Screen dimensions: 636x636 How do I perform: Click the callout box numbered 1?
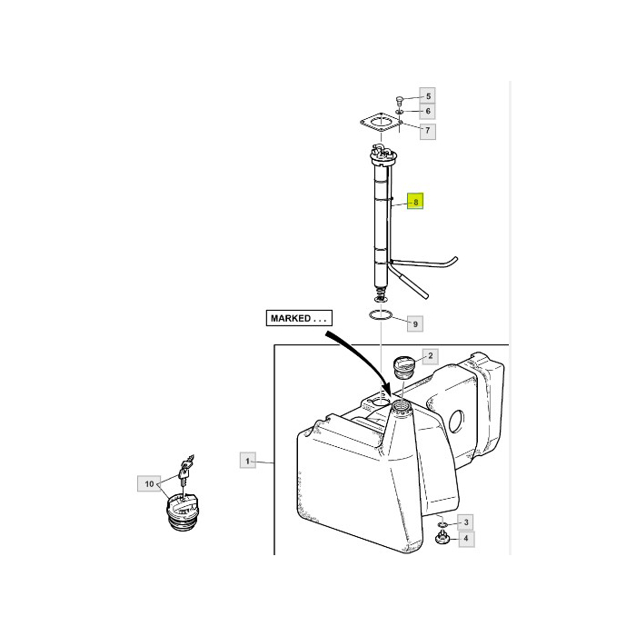[247, 461]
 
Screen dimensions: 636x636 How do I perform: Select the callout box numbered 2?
[431, 356]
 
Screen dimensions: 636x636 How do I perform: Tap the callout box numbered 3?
[465, 522]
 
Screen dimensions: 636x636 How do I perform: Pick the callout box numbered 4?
[466, 539]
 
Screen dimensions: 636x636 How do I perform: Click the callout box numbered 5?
[428, 96]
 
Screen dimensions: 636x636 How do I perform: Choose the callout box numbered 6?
[428, 111]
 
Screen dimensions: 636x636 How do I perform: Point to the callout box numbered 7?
[428, 131]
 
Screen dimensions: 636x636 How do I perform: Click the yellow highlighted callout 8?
[415, 201]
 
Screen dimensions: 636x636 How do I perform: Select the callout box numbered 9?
[415, 324]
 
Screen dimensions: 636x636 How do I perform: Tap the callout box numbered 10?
[149, 484]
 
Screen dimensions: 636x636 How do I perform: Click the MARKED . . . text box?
[299, 318]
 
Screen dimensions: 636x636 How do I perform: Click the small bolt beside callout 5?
[399, 100]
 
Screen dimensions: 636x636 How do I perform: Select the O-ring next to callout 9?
[381, 315]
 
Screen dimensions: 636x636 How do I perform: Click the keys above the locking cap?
[185, 469]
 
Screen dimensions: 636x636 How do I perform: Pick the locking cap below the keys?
[183, 512]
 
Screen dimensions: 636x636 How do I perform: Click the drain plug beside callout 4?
[442, 539]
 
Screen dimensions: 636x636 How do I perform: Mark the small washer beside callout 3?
[443, 525]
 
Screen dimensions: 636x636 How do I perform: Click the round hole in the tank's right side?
[456, 422]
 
